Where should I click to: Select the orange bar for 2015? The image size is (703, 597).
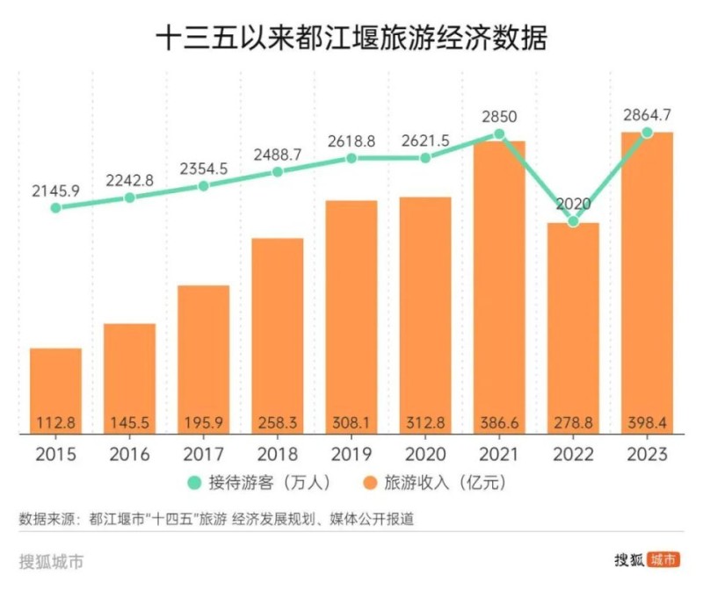(x=55, y=386)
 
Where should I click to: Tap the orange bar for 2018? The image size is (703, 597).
(x=278, y=334)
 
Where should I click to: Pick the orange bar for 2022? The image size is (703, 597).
(x=573, y=325)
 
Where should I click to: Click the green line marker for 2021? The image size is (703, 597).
(x=499, y=134)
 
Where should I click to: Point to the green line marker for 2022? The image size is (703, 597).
(x=573, y=221)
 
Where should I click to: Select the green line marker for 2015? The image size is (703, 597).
(x=55, y=208)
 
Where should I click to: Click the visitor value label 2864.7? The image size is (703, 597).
(x=647, y=114)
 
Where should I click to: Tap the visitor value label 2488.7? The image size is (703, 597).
(x=278, y=154)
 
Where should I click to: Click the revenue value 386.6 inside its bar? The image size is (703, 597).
(x=499, y=423)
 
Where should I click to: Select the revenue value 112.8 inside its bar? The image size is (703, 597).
(x=55, y=423)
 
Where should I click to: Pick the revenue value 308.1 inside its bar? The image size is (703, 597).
(x=351, y=423)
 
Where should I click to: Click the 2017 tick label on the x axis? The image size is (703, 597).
(x=203, y=455)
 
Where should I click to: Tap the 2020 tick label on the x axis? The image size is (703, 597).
(x=425, y=455)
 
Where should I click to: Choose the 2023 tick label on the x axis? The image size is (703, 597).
(x=647, y=455)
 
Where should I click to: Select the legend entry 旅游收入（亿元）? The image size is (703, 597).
(x=444, y=483)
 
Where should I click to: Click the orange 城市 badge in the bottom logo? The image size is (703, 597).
(x=663, y=560)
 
